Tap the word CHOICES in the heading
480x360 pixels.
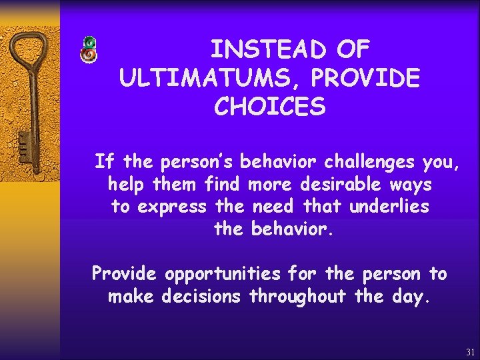270,107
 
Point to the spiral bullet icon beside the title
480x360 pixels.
89,51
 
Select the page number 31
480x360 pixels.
471,351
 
